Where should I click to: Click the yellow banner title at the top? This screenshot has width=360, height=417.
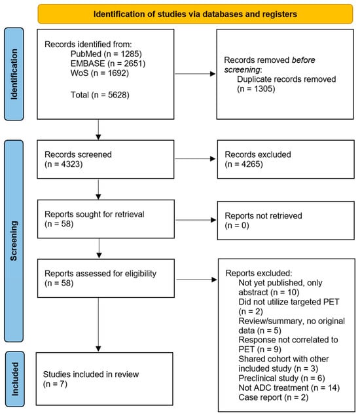pos(195,14)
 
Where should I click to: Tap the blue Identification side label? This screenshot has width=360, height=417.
pos(14,74)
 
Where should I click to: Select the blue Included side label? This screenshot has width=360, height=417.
pos(15,379)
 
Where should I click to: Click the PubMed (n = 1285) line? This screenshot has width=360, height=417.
pos(106,54)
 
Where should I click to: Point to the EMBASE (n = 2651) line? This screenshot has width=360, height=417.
pos(108,63)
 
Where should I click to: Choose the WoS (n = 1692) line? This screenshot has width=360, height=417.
pos(99,73)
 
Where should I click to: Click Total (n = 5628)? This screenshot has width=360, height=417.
pos(100,95)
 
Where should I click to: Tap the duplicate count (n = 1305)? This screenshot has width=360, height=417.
pos(256,89)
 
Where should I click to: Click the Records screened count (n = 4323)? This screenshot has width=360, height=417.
pos(63,164)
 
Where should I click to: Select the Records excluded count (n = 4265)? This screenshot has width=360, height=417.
pos(243,164)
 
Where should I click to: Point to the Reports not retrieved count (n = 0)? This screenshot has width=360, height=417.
pos(237,225)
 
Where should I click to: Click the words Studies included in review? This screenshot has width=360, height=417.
pos(91,374)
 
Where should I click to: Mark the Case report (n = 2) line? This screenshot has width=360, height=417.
pos(274,397)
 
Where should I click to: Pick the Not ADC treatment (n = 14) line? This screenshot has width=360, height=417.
pos(289,388)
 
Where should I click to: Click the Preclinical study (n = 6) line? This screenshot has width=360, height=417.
pos(281,378)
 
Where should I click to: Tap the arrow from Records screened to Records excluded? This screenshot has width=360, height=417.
pos(195,159)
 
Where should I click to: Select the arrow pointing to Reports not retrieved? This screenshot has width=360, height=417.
pos(196,220)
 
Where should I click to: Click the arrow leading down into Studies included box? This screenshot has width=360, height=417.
pos(98,325)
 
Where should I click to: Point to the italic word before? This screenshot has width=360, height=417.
pos(303,60)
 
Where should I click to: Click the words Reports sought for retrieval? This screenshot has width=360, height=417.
pos(94,214)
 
